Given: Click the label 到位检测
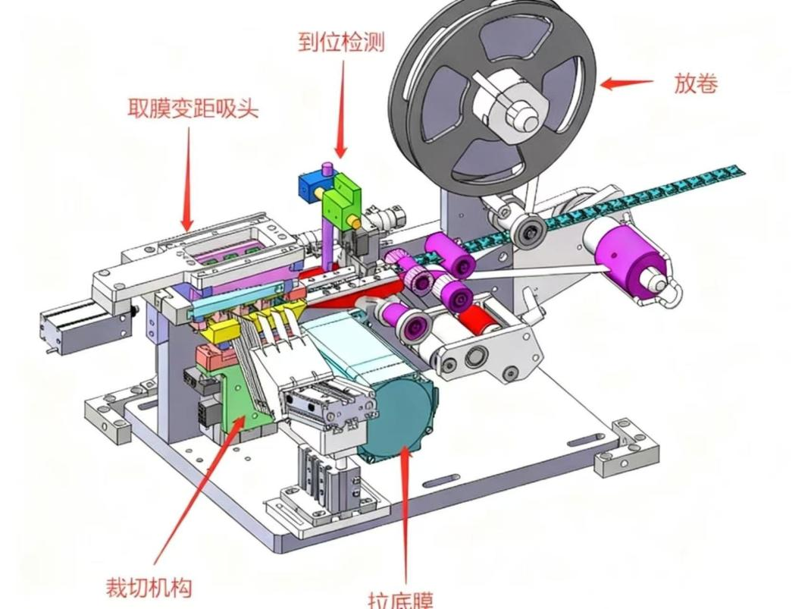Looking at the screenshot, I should click(341, 41).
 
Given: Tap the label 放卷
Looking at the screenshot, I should click(695, 83).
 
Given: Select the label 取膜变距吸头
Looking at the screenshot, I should click(193, 108).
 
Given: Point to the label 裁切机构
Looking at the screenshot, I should click(149, 586).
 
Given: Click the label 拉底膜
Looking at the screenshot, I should click(401, 600).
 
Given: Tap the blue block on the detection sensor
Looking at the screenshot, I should click(312, 185).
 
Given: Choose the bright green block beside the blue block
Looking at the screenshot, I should click(340, 196).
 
